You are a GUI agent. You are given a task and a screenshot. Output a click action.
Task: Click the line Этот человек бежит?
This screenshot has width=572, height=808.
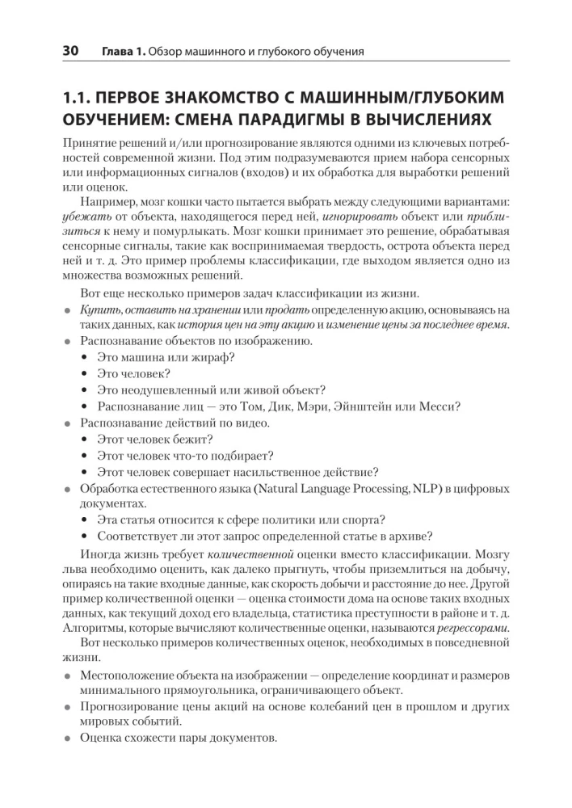(155, 440)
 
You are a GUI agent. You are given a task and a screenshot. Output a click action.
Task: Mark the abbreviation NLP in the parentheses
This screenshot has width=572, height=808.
(423, 488)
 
